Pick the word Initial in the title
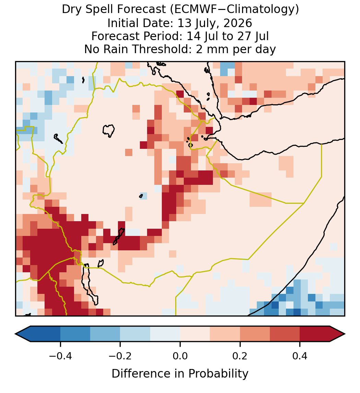(122, 23)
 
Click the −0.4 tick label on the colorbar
(60, 355)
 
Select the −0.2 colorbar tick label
(120, 355)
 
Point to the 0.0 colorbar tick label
(180, 355)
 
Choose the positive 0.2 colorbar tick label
(240, 355)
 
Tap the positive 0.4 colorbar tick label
(300, 355)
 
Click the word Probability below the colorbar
(218, 374)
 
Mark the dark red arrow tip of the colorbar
(345, 334)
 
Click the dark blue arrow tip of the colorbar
(15, 334)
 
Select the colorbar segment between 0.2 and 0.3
(255, 334)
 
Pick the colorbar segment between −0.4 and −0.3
(75, 334)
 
